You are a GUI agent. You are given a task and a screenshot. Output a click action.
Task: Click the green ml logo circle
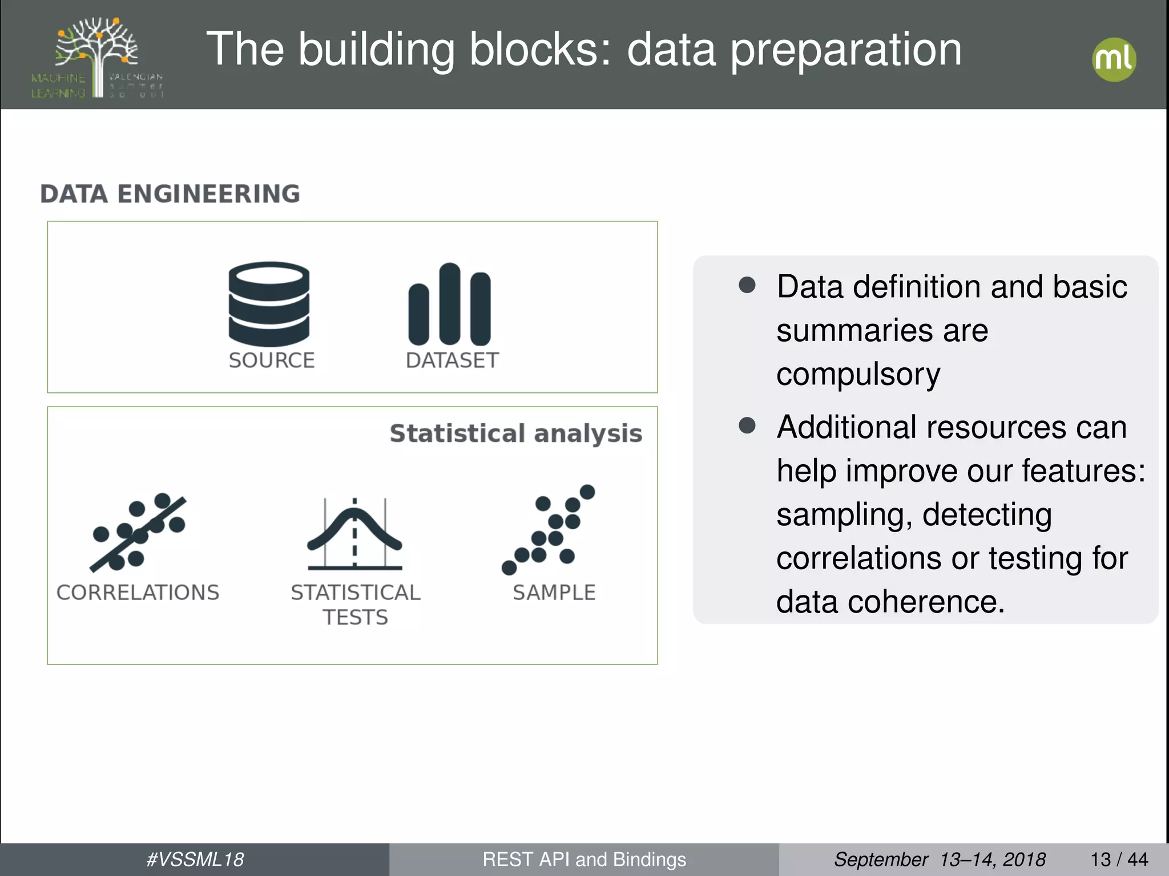1114,60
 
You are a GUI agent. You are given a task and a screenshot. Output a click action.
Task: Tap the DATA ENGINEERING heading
170,194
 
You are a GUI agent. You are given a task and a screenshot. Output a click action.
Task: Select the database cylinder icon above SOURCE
269,304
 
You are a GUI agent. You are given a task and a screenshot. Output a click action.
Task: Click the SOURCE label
272,360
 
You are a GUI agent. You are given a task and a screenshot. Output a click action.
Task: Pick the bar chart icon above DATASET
449,305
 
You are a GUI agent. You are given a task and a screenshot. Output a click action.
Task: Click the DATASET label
452,360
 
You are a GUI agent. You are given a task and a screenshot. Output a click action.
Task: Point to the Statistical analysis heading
515,433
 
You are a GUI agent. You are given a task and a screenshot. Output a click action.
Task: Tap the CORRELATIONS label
138,593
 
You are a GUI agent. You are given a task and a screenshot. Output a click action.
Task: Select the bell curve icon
354,534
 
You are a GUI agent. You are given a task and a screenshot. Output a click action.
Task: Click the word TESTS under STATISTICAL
355,618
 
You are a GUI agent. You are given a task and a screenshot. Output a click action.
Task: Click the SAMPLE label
554,593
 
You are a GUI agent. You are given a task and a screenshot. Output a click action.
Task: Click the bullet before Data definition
747,285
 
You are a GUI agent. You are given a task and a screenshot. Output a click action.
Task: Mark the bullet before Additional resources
747,425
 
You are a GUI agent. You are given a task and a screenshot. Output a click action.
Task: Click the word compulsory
858,374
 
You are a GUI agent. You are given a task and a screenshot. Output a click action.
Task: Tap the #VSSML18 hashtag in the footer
195,859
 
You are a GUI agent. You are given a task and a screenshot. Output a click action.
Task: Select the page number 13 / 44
1119,859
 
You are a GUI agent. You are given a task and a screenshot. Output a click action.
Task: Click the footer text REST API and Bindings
584,859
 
